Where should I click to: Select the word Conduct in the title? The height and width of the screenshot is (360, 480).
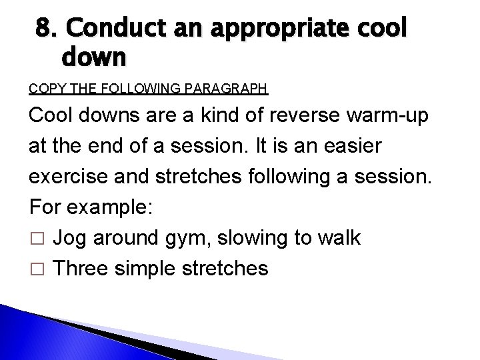pos(110,29)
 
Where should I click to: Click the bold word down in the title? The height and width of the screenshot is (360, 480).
pos(93,59)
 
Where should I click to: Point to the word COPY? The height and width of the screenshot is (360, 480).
pos(44,87)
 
